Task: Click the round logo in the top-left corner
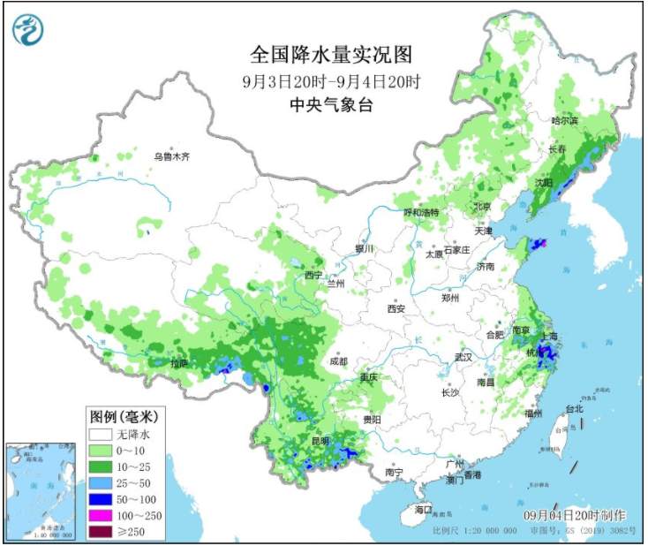27,31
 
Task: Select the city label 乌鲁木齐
171,156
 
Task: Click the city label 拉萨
180,363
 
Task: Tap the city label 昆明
319,440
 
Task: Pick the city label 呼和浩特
421,213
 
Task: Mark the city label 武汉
464,357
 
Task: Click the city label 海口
424,510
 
